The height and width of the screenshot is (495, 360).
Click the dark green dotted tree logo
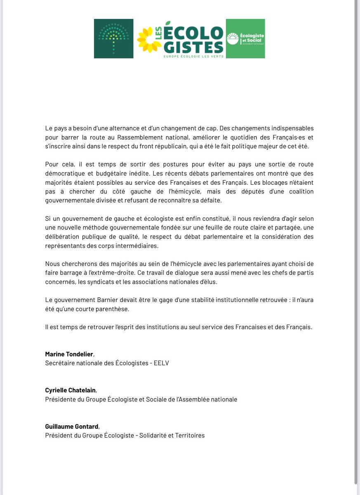(x=113, y=38)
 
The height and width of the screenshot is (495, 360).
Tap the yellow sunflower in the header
(x=149, y=40)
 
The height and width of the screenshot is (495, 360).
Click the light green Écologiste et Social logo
(x=245, y=38)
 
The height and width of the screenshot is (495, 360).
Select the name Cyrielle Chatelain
(x=71, y=390)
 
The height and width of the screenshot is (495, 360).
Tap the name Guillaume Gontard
(x=72, y=426)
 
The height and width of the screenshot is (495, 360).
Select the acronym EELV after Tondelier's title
(x=161, y=363)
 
